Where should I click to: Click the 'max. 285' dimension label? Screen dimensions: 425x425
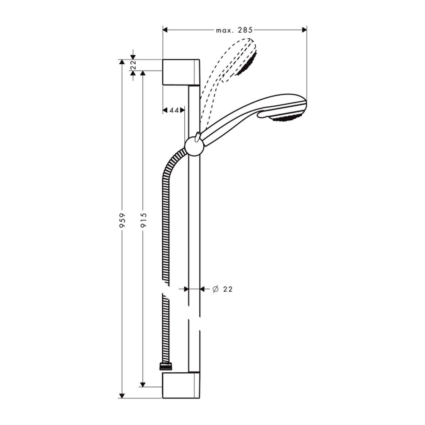click(234, 30)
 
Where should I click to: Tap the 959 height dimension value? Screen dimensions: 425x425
click(122, 220)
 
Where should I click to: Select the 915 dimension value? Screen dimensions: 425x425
click(143, 220)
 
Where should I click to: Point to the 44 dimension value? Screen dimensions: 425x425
click(174, 110)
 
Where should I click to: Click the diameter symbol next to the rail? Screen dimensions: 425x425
click(215, 289)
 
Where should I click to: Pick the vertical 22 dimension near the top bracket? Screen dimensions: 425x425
click(133, 65)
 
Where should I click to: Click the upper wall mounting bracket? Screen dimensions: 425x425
click(181, 72)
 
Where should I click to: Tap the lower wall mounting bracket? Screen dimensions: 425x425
click(181, 385)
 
